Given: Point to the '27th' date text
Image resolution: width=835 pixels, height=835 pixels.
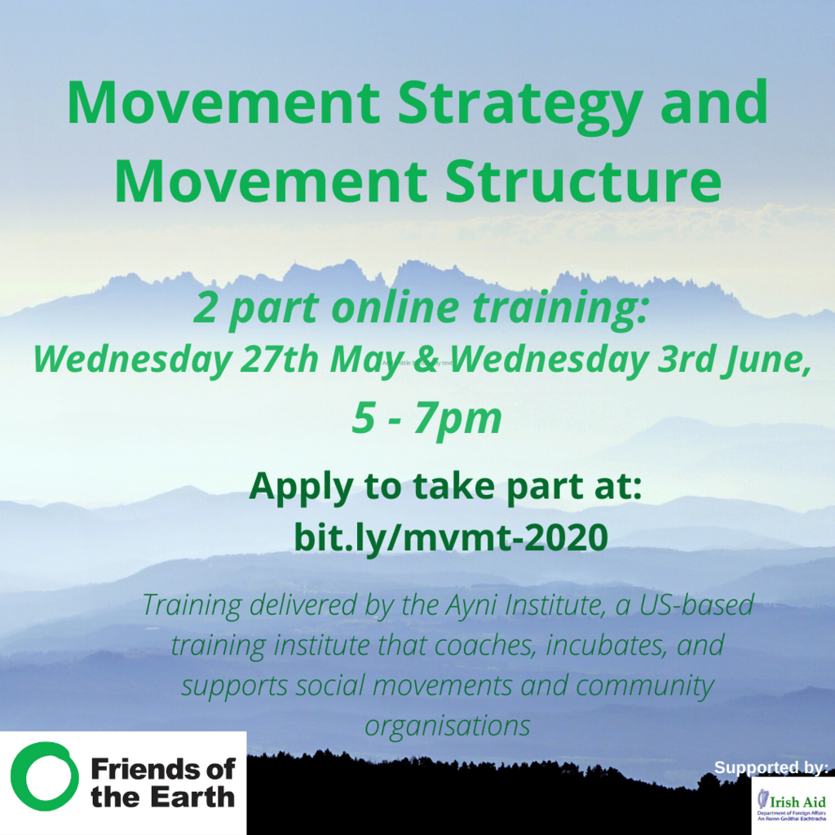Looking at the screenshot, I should [x=282, y=360].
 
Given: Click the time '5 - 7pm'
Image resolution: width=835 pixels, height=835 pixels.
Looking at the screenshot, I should [x=426, y=417].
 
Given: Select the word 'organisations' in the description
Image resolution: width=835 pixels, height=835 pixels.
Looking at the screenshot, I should [x=448, y=723].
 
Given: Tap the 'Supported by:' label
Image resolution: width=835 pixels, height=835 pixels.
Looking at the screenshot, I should [x=771, y=767].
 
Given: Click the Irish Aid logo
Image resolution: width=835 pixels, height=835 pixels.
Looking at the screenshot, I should [x=791, y=805].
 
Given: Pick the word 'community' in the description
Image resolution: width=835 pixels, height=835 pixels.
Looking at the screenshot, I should [x=644, y=685].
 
